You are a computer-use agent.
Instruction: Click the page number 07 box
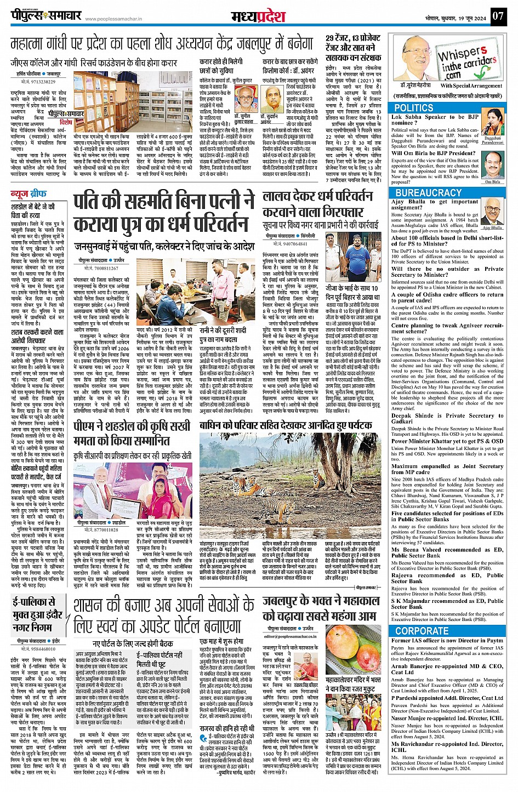(497, 15)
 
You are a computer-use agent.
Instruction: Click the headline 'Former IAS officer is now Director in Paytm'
(447, 640)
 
